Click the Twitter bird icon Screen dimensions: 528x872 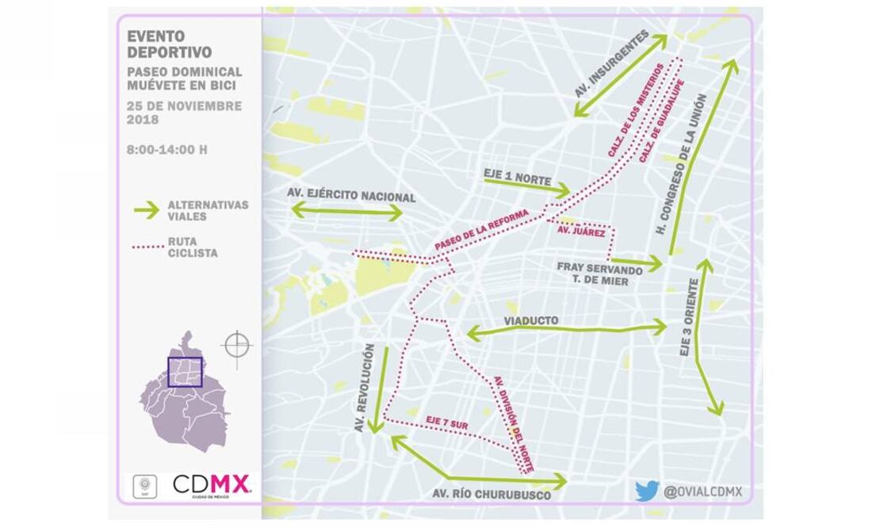(646, 491)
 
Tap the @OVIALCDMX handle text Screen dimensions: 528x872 (703, 492)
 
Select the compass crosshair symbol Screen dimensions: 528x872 (237, 345)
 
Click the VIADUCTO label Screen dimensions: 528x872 (531, 320)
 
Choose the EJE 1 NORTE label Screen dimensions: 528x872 (517, 175)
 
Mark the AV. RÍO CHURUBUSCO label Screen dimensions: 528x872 (491, 495)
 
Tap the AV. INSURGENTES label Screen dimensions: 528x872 (612, 64)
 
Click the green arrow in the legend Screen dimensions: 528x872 (146, 210)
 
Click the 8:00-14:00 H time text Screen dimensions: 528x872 (167, 148)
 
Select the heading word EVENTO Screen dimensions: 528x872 (155, 36)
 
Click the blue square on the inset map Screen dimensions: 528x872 (185, 371)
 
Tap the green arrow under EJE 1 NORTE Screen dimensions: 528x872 (527, 187)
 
